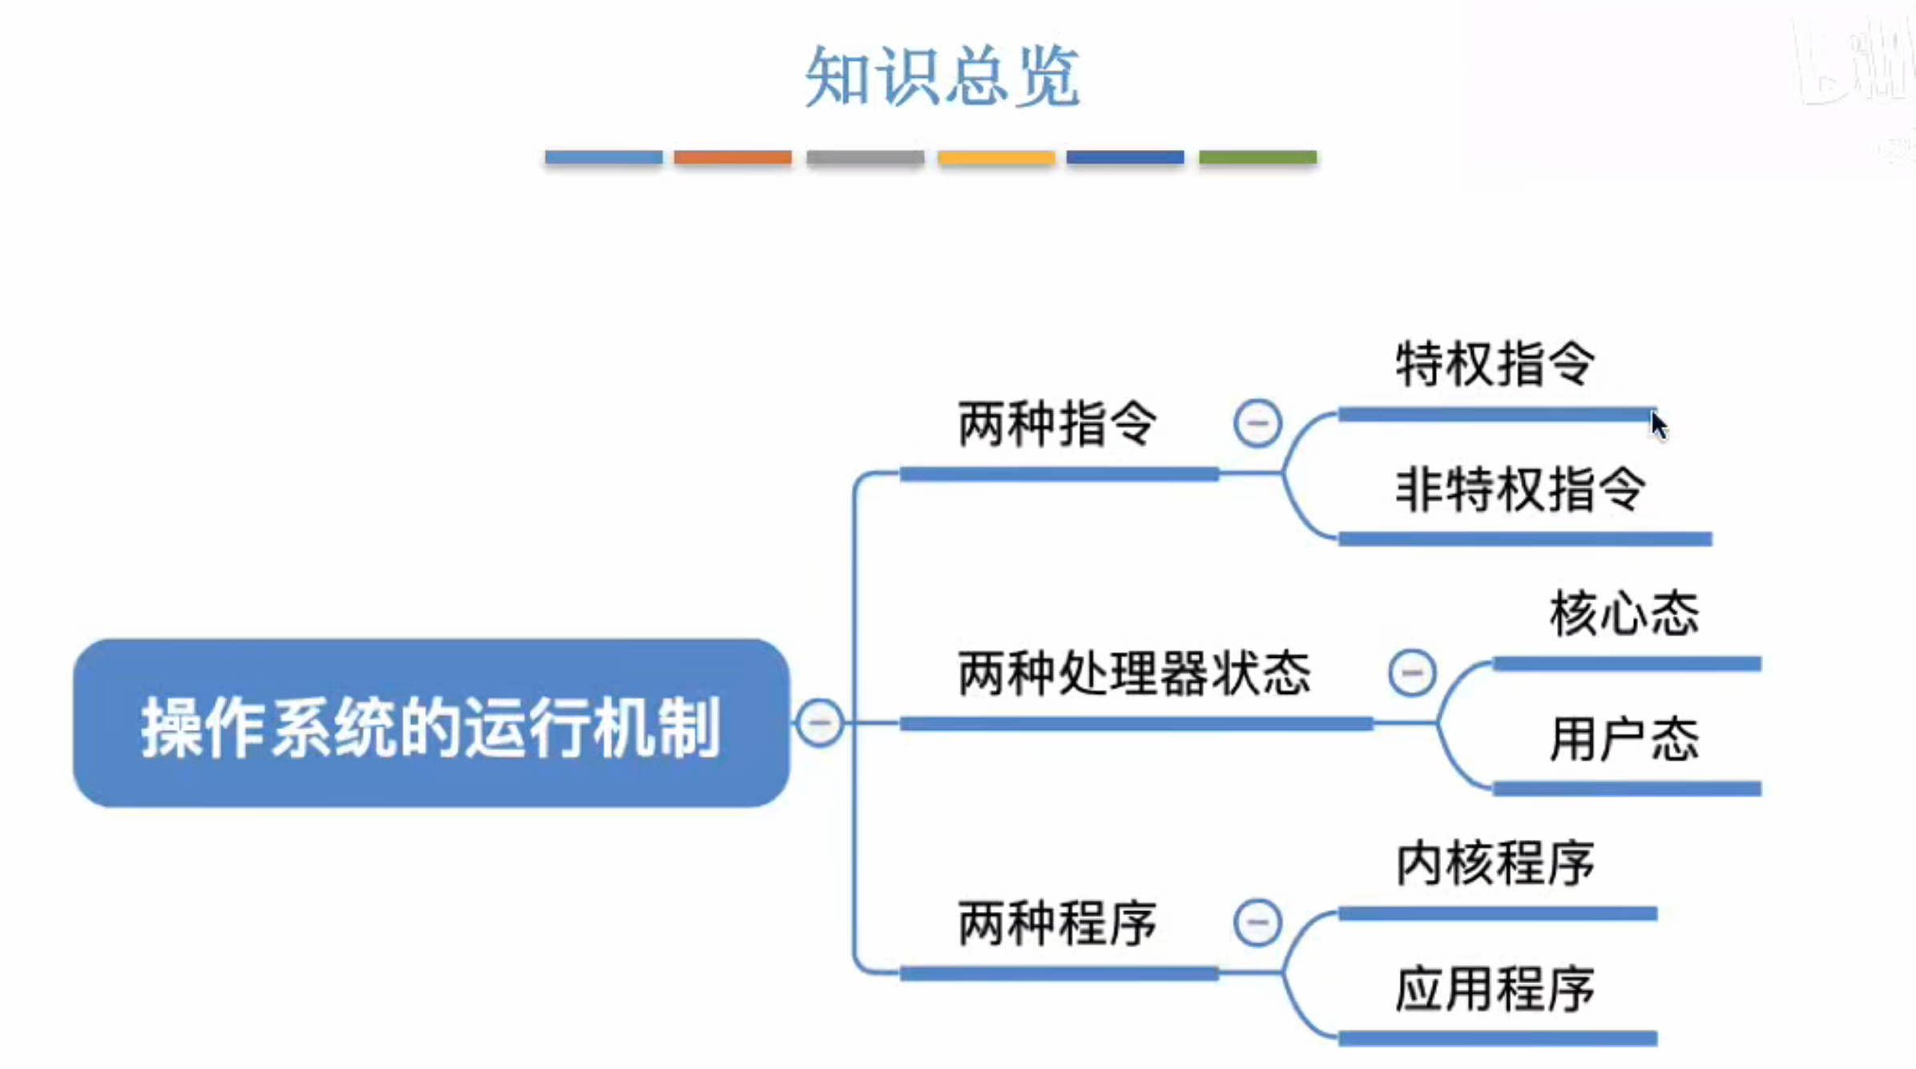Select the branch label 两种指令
tap(1058, 423)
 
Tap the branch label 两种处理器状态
tap(1135, 673)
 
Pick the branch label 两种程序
tap(1058, 923)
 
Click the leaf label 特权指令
tap(1495, 364)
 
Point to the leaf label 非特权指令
tap(1521, 489)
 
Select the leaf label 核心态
tap(1624, 614)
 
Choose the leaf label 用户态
tap(1624, 739)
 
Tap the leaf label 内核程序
tap(1495, 864)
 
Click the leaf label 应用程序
tap(1495, 989)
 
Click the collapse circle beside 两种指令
tap(1257, 423)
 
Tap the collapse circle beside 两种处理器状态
tap(1412, 672)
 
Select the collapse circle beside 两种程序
tap(1257, 922)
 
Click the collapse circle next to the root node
tap(819, 723)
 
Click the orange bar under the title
tap(732, 157)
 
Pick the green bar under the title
tap(1257, 157)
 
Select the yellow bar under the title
tap(996, 157)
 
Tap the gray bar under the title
tap(865, 157)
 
